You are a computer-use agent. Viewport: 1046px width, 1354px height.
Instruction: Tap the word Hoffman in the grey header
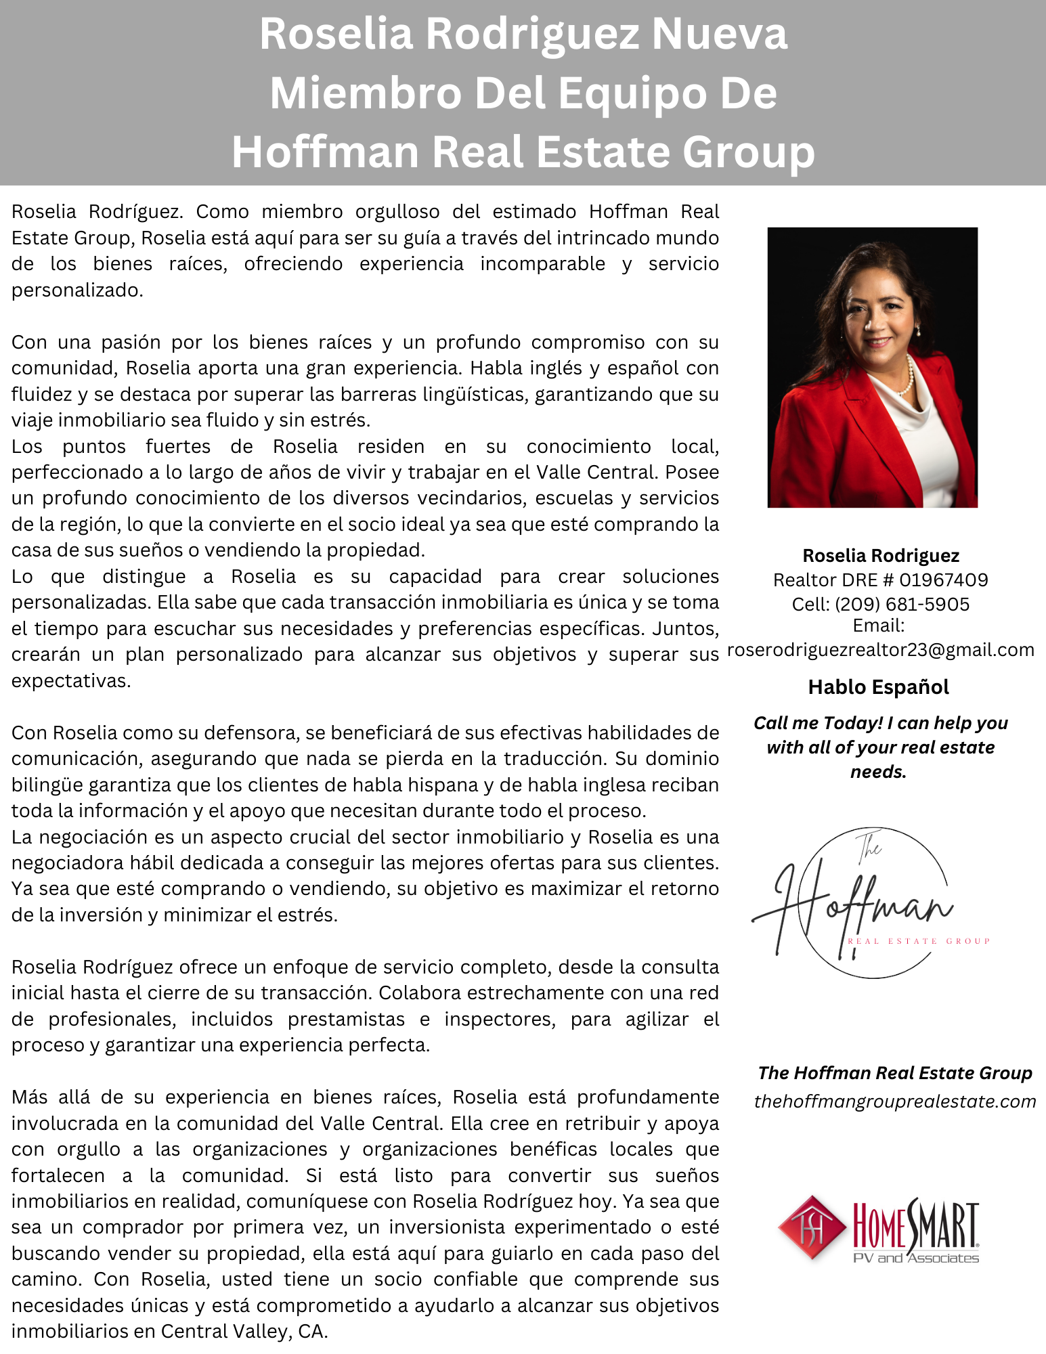[326, 152]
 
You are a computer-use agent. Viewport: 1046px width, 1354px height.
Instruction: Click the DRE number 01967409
[944, 580]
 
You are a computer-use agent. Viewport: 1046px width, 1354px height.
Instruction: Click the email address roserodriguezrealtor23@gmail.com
[881, 650]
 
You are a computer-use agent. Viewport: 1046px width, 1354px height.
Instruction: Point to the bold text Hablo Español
[878, 687]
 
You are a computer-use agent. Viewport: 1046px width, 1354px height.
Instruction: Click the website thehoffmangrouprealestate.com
[894, 1101]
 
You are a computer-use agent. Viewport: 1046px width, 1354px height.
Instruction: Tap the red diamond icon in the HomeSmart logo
[812, 1228]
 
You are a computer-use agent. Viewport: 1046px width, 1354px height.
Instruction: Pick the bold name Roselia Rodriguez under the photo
[880, 556]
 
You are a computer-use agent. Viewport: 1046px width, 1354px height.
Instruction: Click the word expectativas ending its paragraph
[70, 681]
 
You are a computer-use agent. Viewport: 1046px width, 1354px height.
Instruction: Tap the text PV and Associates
[915, 1259]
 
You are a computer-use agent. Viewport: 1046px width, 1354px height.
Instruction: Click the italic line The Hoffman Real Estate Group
[894, 1073]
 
